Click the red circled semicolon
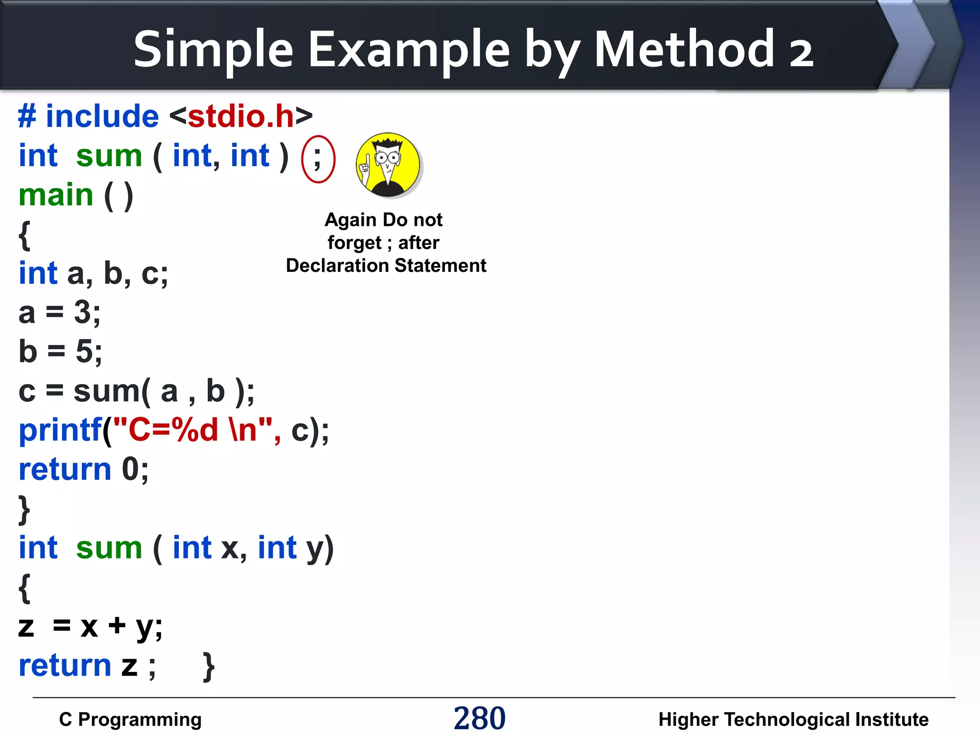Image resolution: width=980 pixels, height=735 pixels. click(x=318, y=159)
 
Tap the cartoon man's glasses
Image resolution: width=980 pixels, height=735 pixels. click(x=388, y=157)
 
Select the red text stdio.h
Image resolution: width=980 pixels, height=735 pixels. click(x=241, y=116)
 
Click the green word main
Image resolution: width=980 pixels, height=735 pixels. click(x=56, y=195)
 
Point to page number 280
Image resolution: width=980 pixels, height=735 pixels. click(x=479, y=718)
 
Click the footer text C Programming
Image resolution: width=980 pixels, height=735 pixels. click(x=130, y=719)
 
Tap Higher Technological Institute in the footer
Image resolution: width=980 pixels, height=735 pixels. click(x=793, y=719)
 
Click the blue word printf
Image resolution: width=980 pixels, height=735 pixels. click(x=60, y=430)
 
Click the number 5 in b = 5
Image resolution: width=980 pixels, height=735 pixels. click(x=84, y=352)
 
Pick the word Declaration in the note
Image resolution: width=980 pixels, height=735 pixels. click(x=337, y=266)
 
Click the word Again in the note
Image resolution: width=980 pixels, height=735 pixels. click(x=350, y=220)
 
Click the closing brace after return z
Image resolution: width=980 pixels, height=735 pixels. click(x=209, y=666)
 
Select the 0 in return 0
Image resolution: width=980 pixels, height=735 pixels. click(x=130, y=469)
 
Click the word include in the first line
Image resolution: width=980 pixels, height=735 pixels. click(x=102, y=116)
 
